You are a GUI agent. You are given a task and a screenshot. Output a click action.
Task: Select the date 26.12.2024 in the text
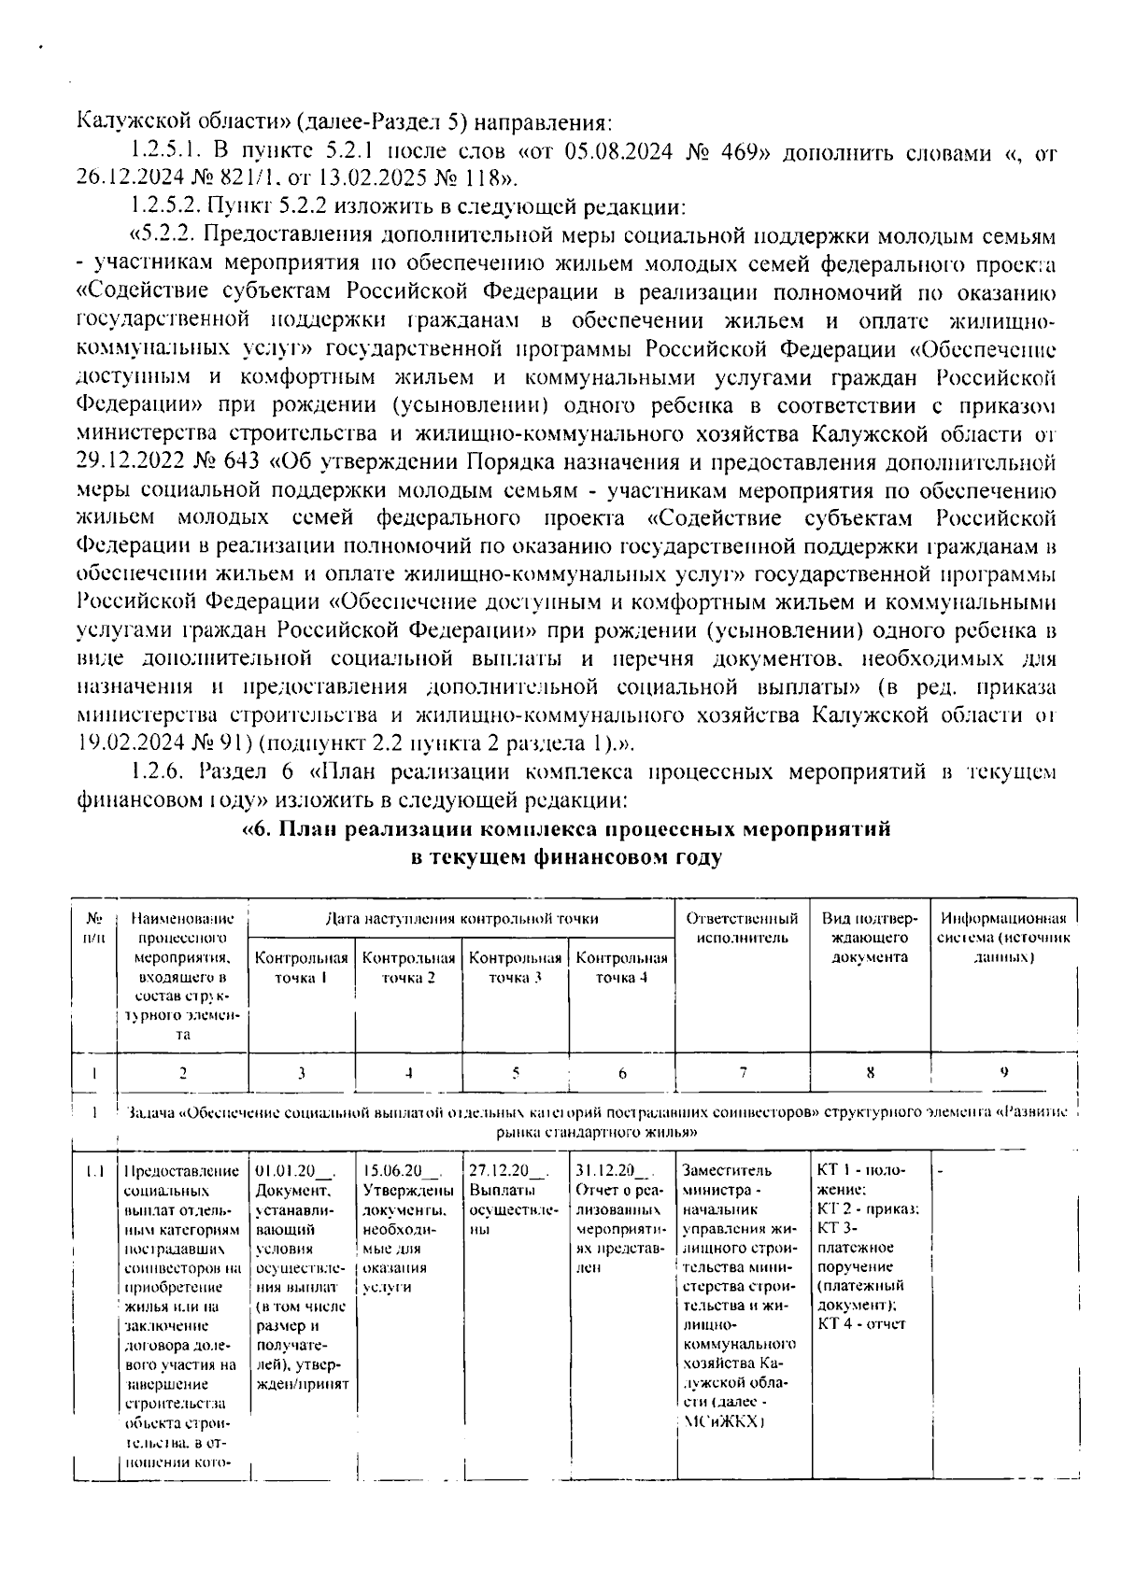[x=120, y=177]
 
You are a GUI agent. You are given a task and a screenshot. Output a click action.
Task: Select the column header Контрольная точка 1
[x=302, y=968]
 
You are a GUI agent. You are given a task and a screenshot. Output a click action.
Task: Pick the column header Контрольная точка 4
[x=622, y=968]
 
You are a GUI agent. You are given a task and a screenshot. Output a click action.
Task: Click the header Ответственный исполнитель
[x=743, y=927]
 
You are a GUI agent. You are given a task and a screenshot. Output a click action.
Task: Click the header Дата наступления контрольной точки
[x=461, y=918]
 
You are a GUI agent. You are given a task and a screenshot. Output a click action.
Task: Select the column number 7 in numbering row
[x=743, y=1073]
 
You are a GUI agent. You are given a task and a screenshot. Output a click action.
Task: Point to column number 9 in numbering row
[x=1003, y=1073]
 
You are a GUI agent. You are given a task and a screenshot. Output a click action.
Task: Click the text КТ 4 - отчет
[x=861, y=1324]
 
